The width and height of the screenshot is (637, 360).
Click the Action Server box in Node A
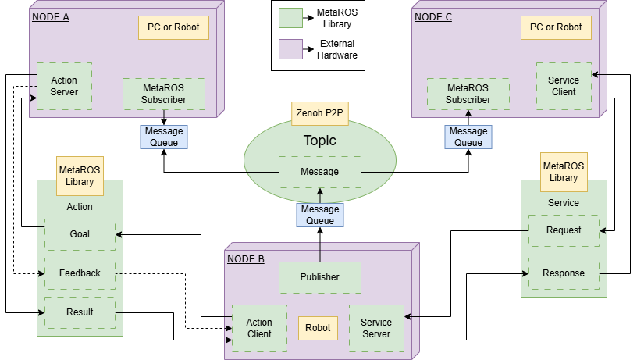tap(64, 86)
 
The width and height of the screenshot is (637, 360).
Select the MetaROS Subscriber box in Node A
tap(164, 94)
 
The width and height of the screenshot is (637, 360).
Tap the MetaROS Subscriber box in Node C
tap(468, 94)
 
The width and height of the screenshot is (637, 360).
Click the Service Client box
tap(564, 86)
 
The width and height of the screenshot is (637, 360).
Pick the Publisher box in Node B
tap(320, 277)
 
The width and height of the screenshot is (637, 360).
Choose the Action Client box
tap(259, 328)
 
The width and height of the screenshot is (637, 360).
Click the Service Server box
tap(377, 328)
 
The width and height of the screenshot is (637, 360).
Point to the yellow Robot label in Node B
tap(318, 328)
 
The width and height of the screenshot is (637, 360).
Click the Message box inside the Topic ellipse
tap(320, 172)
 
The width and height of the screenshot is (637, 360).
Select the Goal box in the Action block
tap(80, 234)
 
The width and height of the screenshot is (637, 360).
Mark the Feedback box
tap(80, 273)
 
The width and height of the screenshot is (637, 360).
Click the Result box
tap(80, 312)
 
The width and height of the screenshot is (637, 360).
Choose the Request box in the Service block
tap(564, 230)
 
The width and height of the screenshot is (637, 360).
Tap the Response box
tap(564, 273)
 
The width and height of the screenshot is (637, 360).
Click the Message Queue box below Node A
tap(164, 137)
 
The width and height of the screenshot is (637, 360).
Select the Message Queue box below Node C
tap(468, 137)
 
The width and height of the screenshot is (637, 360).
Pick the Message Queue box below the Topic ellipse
tap(320, 215)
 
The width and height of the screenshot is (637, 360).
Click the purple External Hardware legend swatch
tap(290, 49)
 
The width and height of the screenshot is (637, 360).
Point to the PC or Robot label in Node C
tap(556, 27)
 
